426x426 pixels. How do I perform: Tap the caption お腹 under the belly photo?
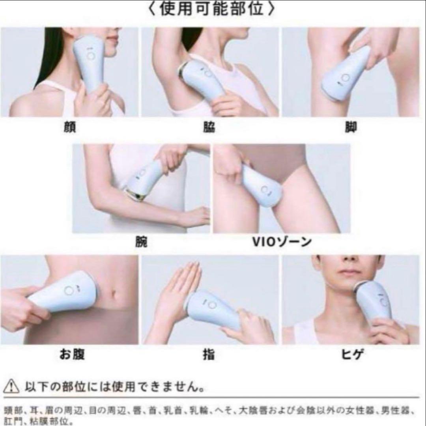(x=72, y=354)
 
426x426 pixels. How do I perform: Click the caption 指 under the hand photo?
(x=210, y=354)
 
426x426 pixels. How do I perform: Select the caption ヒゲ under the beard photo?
(x=351, y=354)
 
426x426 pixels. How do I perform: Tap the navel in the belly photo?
(x=114, y=294)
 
